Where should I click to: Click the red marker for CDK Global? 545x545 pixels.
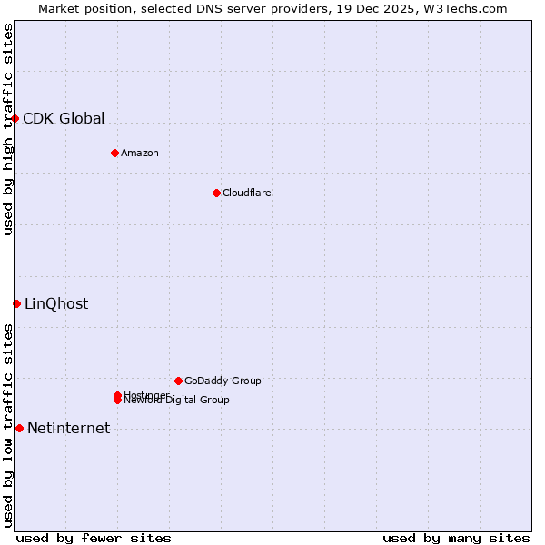click(15, 118)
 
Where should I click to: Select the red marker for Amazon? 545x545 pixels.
click(114, 153)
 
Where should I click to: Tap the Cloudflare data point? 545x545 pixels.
click(216, 193)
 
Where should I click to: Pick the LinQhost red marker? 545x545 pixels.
click(16, 303)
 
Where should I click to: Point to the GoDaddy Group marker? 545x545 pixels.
click(178, 381)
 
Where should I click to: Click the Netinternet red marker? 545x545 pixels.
click(19, 428)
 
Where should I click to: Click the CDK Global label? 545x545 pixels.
click(64, 118)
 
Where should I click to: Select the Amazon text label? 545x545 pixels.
click(140, 153)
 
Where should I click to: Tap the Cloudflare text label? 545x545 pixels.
click(247, 193)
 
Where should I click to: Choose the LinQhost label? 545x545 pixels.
click(56, 303)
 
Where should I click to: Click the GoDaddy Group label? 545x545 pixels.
click(223, 381)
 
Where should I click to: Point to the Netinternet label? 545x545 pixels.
click(69, 428)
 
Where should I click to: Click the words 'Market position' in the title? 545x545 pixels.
click(79, 8)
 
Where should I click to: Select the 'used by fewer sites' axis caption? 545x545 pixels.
click(94, 538)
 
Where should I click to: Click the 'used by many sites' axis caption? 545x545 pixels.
click(456, 538)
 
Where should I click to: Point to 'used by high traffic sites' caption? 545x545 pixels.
click(8, 129)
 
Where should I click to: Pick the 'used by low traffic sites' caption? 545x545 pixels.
click(8, 425)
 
